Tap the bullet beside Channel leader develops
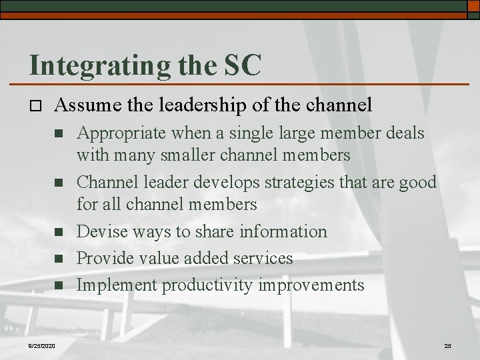[x=57, y=183]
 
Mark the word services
[x=261, y=258]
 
